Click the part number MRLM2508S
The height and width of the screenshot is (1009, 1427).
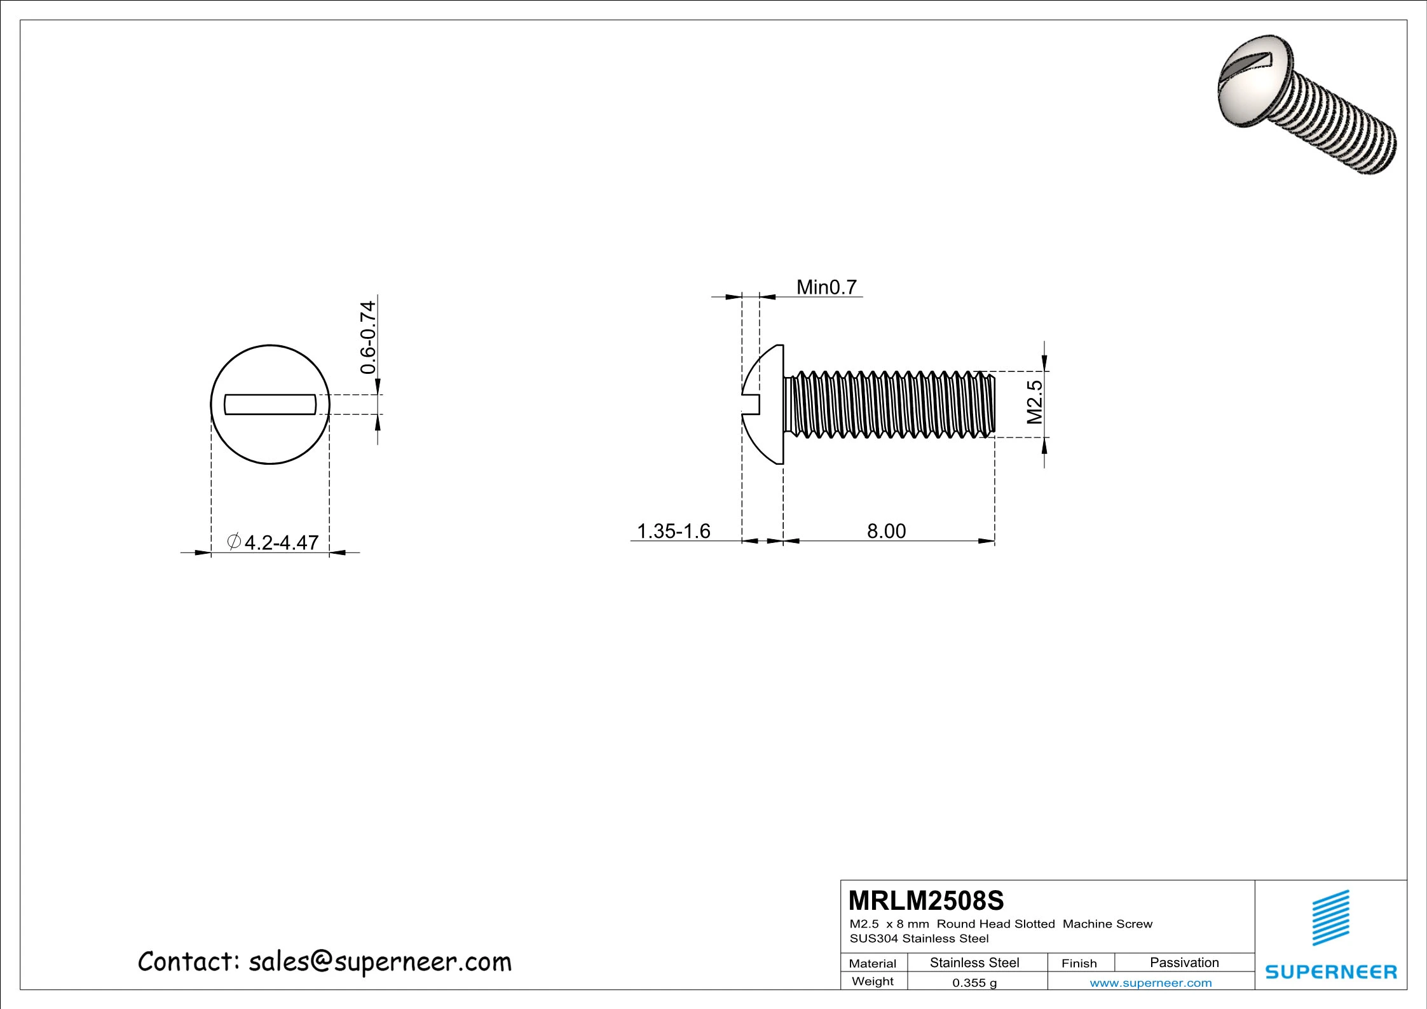click(926, 900)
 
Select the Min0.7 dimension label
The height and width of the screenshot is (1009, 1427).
click(826, 287)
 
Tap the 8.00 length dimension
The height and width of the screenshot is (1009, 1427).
click(886, 531)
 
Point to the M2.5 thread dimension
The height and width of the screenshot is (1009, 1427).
click(1035, 402)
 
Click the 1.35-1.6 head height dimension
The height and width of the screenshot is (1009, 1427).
click(673, 531)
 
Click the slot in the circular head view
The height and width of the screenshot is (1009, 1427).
click(270, 404)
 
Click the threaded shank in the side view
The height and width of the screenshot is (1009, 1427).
click(890, 404)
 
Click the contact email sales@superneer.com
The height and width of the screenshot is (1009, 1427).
click(324, 962)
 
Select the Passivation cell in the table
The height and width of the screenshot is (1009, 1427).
click(1184, 963)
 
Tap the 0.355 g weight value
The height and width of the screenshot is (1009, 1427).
click(974, 982)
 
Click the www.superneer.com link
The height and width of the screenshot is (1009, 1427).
click(1150, 983)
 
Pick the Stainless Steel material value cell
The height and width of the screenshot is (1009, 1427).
click(974, 963)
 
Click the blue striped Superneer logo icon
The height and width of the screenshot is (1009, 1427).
click(1331, 917)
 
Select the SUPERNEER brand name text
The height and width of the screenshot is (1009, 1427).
click(1331, 971)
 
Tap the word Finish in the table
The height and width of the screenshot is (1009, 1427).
click(1079, 963)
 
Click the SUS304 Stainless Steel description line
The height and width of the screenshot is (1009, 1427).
click(919, 938)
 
